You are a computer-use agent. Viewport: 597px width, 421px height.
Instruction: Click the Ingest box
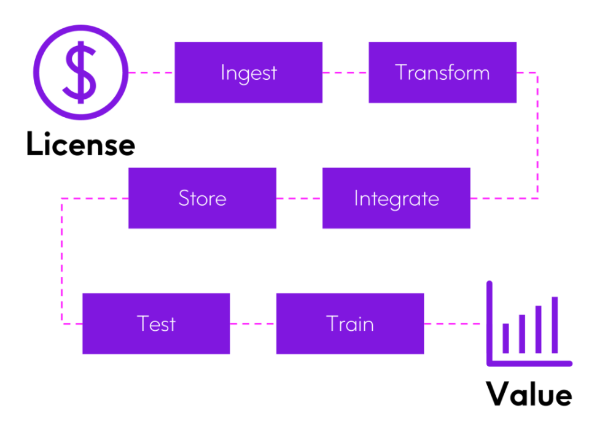[248, 72]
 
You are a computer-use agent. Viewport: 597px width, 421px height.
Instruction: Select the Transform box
[442, 72]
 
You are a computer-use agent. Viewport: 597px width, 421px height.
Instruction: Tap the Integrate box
[396, 198]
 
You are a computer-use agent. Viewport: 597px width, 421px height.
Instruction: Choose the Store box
[202, 198]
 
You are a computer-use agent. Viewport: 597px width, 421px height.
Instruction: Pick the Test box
[156, 323]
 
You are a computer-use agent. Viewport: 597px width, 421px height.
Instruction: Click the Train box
[350, 323]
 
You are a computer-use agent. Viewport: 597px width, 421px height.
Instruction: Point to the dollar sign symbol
[80, 72]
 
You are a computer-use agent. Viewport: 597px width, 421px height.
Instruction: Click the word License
[80, 144]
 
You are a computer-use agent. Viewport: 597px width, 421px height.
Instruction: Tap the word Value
[529, 393]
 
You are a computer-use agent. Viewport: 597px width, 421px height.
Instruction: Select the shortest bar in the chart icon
[505, 339]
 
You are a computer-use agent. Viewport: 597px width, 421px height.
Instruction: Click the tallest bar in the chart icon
[555, 325]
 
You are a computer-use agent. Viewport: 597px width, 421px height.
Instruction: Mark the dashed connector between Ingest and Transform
[345, 72]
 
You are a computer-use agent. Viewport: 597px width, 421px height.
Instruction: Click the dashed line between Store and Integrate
[299, 198]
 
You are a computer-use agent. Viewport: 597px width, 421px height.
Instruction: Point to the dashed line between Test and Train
[253, 323]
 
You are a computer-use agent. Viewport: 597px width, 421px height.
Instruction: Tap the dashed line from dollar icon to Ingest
[151, 72]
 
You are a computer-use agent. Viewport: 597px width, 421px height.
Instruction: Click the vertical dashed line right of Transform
[537, 135]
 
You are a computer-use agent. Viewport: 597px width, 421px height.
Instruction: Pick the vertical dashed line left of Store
[61, 261]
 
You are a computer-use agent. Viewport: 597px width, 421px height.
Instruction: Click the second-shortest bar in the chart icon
[522, 334]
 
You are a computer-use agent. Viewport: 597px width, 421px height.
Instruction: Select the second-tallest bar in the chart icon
[539, 330]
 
